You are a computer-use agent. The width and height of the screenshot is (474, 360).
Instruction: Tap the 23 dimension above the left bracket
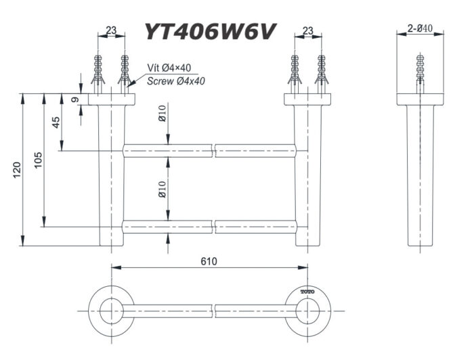pyautogui.click(x=112, y=30)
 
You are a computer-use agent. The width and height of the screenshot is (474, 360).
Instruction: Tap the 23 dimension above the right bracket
pyautogui.click(x=308, y=30)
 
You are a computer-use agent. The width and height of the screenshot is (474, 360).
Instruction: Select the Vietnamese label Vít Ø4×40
pyautogui.click(x=170, y=68)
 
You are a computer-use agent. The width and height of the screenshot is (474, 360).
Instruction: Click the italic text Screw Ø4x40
pyautogui.click(x=176, y=81)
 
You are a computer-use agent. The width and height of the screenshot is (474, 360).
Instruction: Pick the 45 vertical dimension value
pyautogui.click(x=56, y=122)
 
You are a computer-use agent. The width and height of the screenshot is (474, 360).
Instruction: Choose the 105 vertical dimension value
pyautogui.click(x=39, y=160)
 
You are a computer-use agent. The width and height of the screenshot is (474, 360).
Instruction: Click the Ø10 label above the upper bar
pyautogui.click(x=163, y=121)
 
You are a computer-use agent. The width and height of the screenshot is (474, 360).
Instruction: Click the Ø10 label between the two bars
pyautogui.click(x=163, y=189)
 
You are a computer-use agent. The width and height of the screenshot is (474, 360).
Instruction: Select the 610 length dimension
pyautogui.click(x=209, y=261)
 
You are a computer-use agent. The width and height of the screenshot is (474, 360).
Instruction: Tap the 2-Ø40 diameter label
pyautogui.click(x=421, y=28)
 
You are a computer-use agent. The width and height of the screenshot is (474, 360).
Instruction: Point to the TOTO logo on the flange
pyautogui.click(x=308, y=292)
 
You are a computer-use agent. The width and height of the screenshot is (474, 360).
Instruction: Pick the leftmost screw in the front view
pyautogui.click(x=99, y=72)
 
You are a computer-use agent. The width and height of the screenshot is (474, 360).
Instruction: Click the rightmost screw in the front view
pyautogui.click(x=321, y=72)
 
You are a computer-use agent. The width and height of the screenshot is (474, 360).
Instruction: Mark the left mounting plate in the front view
pyautogui.click(x=112, y=99)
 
